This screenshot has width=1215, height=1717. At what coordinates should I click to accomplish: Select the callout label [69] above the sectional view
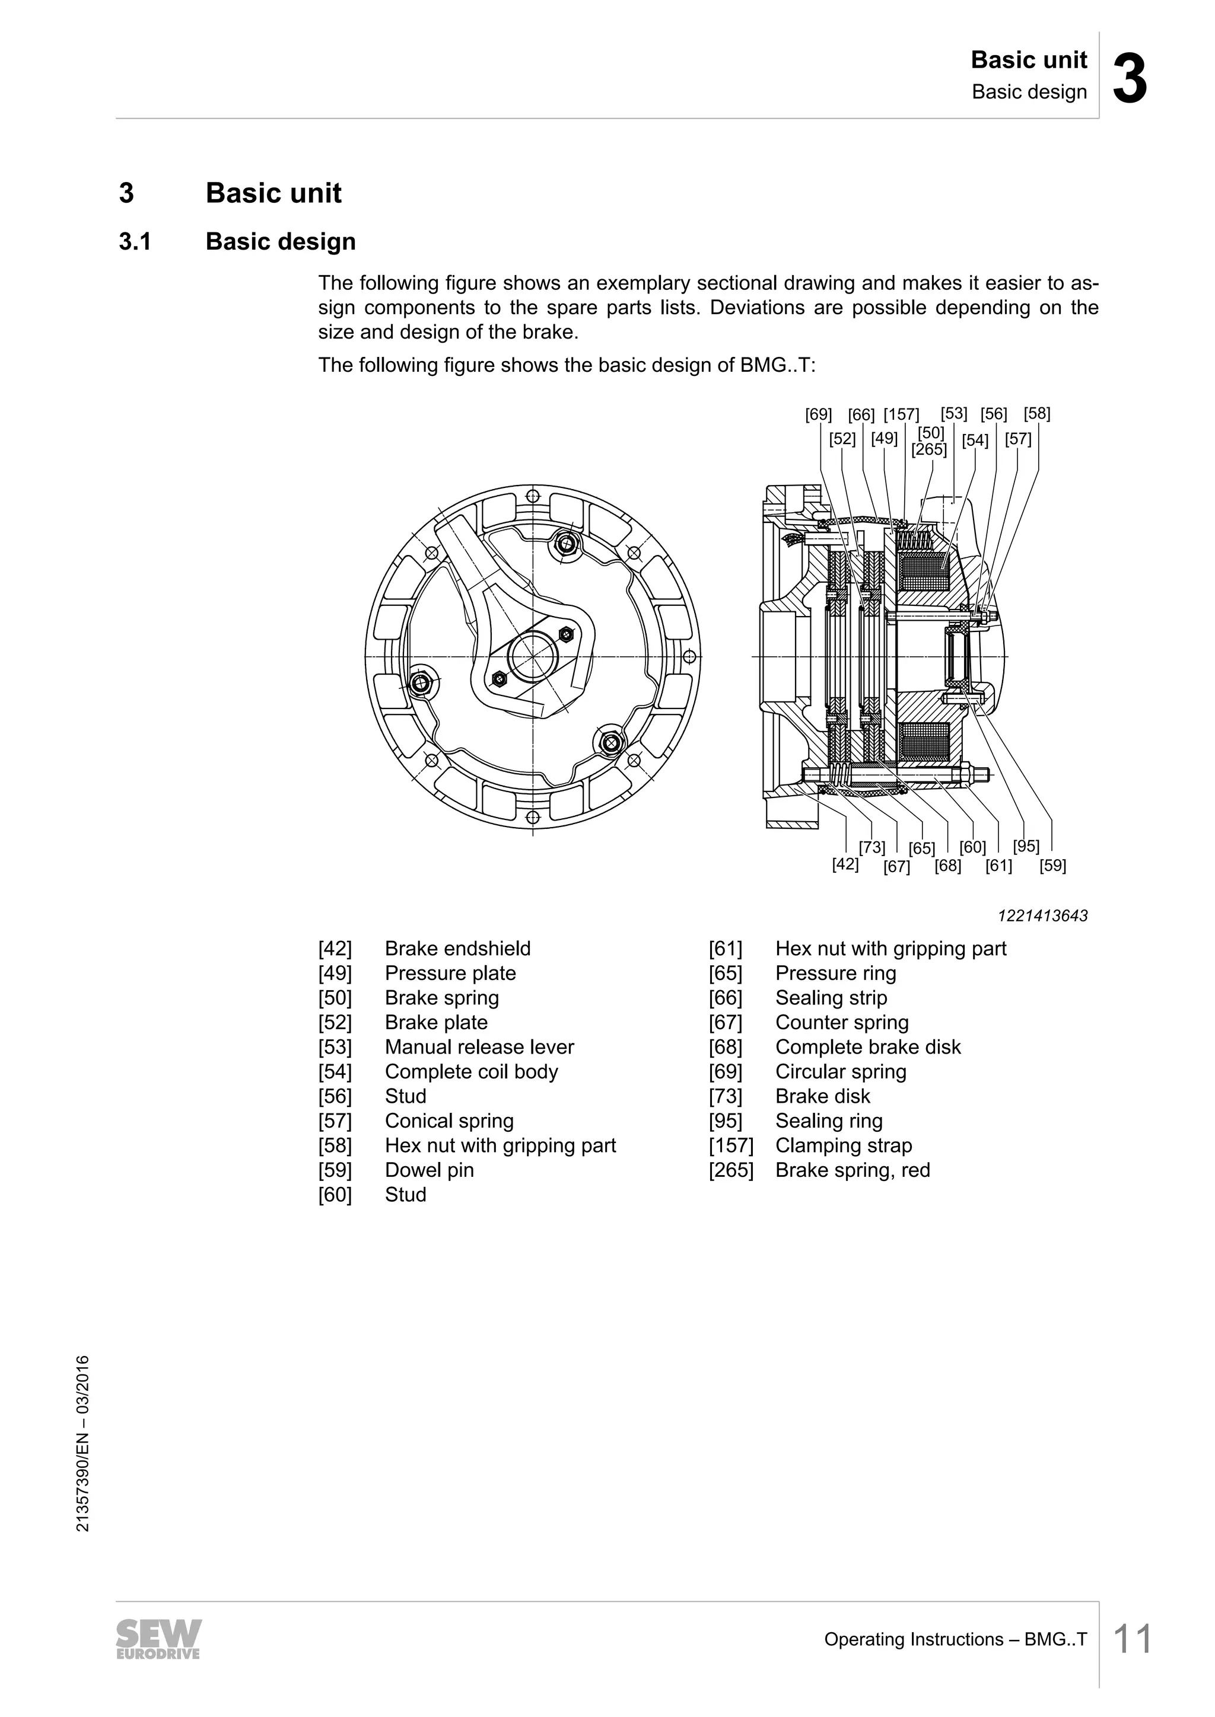pyautogui.click(x=819, y=414)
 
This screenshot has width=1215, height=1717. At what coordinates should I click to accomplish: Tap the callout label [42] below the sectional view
pyautogui.click(x=845, y=864)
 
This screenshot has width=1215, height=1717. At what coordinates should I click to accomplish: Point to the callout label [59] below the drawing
pyautogui.click(x=1052, y=866)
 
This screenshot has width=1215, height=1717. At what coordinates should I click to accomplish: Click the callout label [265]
pyautogui.click(x=929, y=449)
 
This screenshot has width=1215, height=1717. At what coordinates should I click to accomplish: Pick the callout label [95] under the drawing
pyautogui.click(x=1026, y=846)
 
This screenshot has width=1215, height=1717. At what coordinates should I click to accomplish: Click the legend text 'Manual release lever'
pyautogui.click(x=479, y=1047)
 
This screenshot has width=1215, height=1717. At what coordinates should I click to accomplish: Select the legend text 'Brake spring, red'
pyautogui.click(x=852, y=1170)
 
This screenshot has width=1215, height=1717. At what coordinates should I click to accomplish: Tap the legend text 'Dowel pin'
pyautogui.click(x=430, y=1170)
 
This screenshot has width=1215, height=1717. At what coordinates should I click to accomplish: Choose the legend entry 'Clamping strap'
pyautogui.click(x=843, y=1145)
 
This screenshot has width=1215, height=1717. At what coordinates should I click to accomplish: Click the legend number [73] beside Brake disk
pyautogui.click(x=725, y=1096)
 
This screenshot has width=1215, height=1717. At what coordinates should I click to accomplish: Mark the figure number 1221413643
pyautogui.click(x=1043, y=916)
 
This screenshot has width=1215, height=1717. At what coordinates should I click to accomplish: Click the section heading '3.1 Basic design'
pyautogui.click(x=237, y=241)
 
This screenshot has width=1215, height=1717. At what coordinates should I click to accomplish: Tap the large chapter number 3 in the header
pyautogui.click(x=1130, y=79)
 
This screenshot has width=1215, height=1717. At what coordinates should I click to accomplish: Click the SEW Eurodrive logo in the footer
pyautogui.click(x=158, y=1639)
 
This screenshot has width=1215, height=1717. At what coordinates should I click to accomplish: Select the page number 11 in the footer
pyautogui.click(x=1132, y=1639)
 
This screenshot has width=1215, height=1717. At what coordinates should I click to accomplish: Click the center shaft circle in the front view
pyautogui.click(x=532, y=656)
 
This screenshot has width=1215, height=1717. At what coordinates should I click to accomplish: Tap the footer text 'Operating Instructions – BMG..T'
pyautogui.click(x=955, y=1639)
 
